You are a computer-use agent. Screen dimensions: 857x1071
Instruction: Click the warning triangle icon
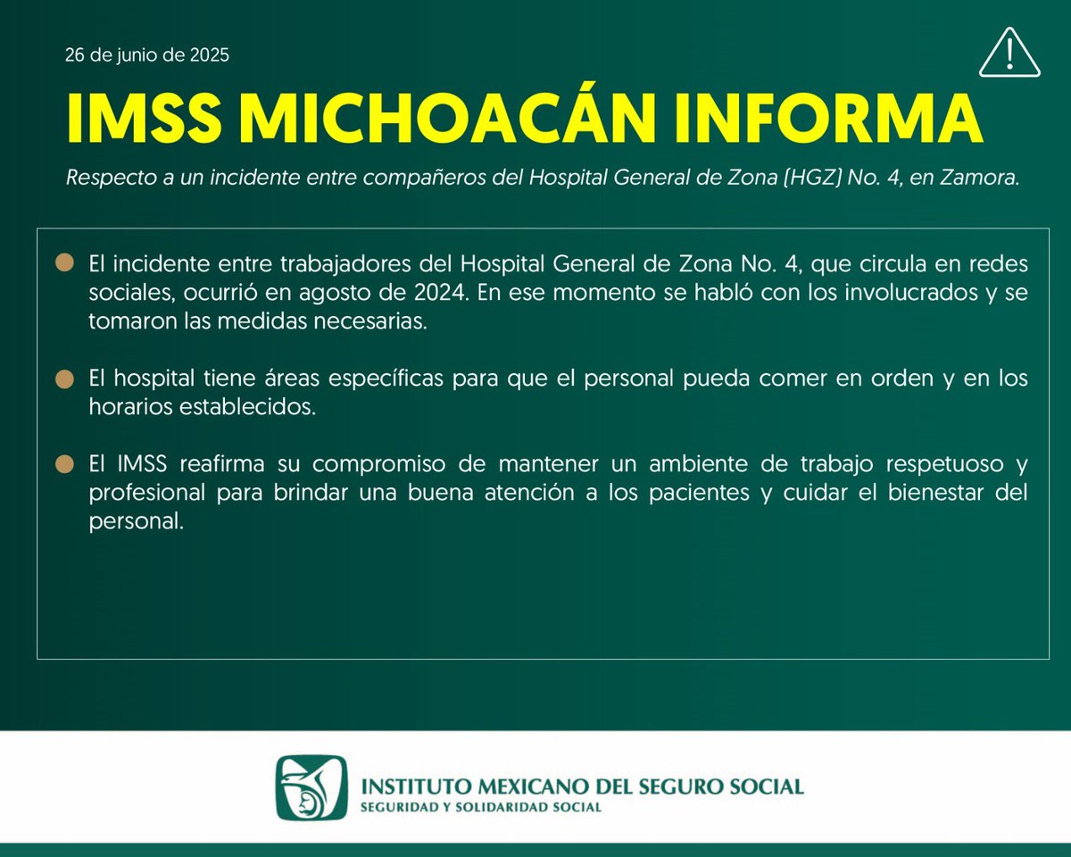coord(1009,54)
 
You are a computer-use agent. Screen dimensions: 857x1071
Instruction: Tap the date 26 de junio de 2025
coord(147,55)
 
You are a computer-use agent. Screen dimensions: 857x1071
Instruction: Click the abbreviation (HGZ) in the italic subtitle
coord(789,179)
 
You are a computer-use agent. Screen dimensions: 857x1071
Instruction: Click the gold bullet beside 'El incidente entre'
coord(64,263)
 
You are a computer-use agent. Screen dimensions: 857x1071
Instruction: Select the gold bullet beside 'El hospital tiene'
coord(64,379)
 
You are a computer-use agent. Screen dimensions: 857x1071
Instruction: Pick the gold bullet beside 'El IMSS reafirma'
coord(64,465)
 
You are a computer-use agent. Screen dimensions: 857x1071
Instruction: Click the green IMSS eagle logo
coord(310,787)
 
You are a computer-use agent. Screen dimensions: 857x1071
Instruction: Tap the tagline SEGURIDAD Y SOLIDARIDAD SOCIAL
coord(479,807)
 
